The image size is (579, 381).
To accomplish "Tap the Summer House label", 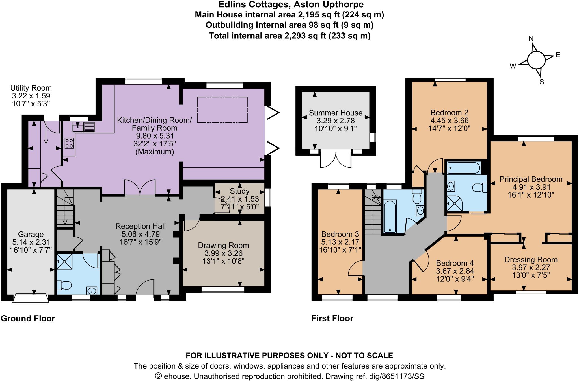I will click(x=335, y=113).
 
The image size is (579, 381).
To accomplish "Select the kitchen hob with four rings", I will click(x=69, y=143).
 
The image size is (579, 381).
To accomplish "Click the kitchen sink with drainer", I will click(x=83, y=127).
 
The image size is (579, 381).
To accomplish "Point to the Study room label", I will click(x=239, y=191).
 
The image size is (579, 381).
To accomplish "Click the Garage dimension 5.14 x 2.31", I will click(x=31, y=242).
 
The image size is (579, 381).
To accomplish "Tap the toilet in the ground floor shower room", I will click(x=64, y=285).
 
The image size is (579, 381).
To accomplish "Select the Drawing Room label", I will click(x=223, y=245).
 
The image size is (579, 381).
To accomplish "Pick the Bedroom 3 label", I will click(x=340, y=234).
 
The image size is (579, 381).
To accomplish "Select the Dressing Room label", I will click(x=531, y=260).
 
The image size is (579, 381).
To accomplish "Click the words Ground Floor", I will click(x=28, y=318).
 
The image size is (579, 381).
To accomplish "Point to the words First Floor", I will click(x=332, y=318).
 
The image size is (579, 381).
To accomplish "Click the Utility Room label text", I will click(x=31, y=88).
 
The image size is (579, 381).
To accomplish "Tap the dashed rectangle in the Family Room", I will click(x=222, y=110).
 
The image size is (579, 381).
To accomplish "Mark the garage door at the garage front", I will click(x=31, y=298).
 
